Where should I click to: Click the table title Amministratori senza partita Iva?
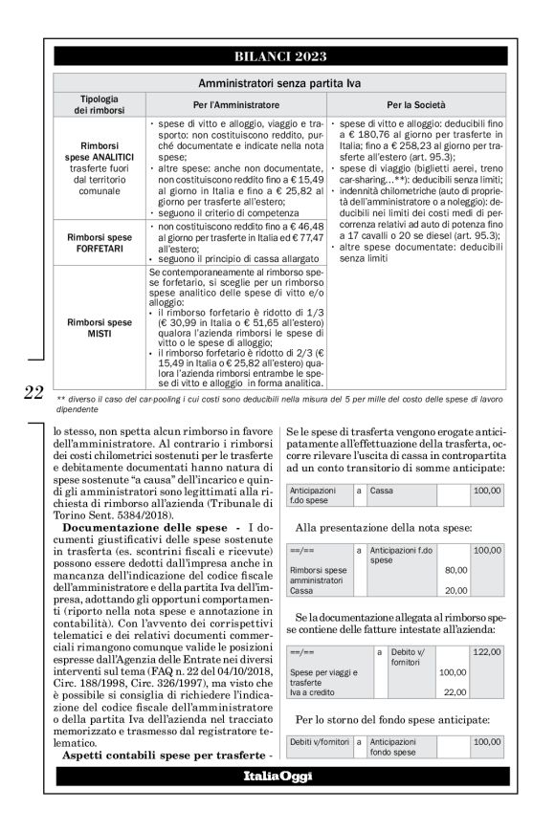278,84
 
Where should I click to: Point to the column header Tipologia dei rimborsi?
100,104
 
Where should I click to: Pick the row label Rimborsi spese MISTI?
100,329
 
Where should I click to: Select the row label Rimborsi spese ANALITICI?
100,168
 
